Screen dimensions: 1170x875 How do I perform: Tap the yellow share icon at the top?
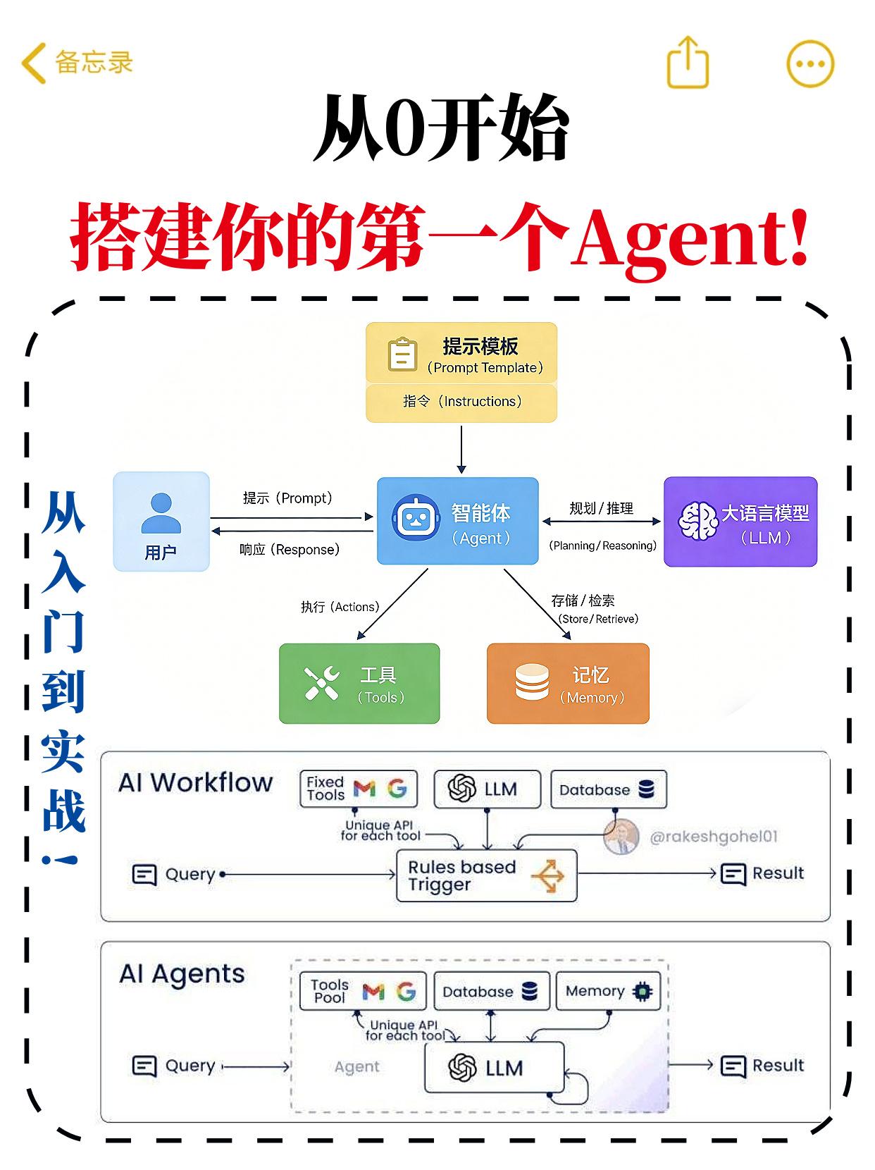[x=687, y=63]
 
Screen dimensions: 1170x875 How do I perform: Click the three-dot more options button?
[x=810, y=63]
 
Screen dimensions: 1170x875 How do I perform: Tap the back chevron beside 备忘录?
[x=33, y=63]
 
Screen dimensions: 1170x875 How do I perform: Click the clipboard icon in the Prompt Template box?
[x=402, y=355]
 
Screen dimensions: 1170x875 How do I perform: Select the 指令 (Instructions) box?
[x=461, y=402]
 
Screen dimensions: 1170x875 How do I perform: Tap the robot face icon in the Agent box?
[x=416, y=518]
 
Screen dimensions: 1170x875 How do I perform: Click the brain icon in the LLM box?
[x=697, y=521]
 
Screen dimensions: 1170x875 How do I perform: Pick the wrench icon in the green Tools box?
[x=322, y=683]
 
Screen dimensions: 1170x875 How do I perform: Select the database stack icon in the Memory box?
[x=532, y=682]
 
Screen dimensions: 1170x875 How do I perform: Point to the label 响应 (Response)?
[x=290, y=550]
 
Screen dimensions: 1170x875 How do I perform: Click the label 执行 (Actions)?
[x=340, y=607]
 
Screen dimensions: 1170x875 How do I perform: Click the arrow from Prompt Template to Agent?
[x=461, y=449]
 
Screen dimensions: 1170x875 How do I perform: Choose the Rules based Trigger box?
[x=486, y=875]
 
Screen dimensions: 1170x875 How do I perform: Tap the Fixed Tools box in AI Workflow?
[x=358, y=789]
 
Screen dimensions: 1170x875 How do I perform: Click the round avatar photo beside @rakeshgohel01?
[x=621, y=837]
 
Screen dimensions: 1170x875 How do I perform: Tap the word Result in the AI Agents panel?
[x=778, y=1065]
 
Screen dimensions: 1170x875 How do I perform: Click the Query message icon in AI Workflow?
[x=144, y=875]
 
